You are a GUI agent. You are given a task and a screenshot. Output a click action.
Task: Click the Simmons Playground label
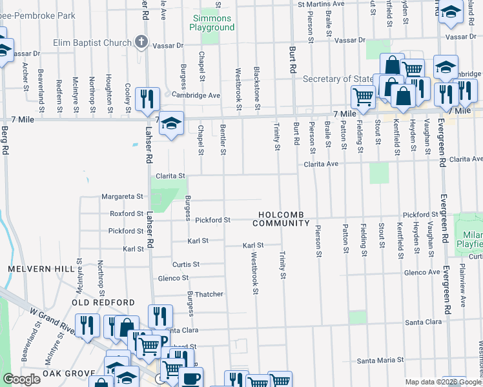click(x=211, y=23)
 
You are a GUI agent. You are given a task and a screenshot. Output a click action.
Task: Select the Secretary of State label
click(x=338, y=79)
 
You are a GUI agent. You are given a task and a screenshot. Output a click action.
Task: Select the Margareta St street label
click(x=121, y=196)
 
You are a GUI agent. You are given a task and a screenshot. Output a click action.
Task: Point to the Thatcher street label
click(x=209, y=294)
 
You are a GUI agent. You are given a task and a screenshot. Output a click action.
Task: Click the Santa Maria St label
click(x=381, y=360)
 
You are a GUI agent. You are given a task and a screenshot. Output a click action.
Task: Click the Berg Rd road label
click(x=6, y=140)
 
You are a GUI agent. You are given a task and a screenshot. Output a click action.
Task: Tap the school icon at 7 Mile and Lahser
click(x=171, y=123)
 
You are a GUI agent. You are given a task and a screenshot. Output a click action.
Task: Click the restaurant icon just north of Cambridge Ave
click(x=149, y=99)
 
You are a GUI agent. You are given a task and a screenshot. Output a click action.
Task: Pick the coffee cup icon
click(x=190, y=378)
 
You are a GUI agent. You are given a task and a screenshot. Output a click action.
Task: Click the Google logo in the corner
click(x=21, y=379)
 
